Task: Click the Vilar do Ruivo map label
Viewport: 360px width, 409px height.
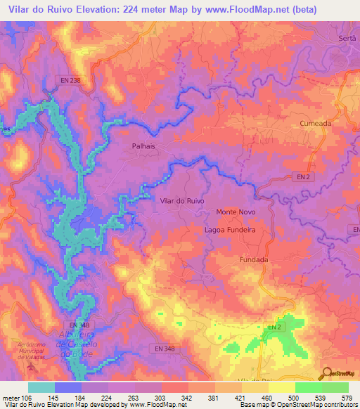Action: (x=183, y=201)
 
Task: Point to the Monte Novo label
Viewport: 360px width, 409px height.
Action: (x=236, y=212)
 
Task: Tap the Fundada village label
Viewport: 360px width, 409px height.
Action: (x=255, y=259)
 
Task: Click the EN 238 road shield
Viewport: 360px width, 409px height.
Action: (x=70, y=80)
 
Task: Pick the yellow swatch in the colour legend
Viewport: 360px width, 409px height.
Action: (x=281, y=387)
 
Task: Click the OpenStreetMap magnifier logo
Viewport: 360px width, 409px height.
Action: (x=326, y=373)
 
